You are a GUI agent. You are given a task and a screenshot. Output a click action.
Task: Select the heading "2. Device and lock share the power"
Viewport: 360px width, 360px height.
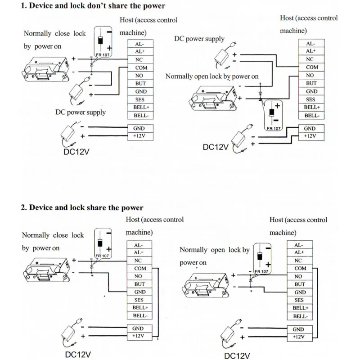pyautogui.click(x=82, y=207)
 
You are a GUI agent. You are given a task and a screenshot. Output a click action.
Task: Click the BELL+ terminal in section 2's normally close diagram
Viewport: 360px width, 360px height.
pyautogui.click(x=139, y=308)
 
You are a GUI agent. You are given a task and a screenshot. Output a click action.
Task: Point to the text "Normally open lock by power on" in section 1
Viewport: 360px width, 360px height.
pyautogui.click(x=212, y=76)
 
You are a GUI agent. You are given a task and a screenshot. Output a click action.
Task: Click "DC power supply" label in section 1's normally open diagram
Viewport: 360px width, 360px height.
pyautogui.click(x=199, y=39)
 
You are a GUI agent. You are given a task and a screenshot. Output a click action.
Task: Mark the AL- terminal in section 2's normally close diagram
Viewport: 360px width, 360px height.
pyautogui.click(x=139, y=245)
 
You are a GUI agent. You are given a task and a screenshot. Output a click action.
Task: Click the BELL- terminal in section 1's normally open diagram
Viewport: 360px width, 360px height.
pyautogui.click(x=311, y=115)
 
